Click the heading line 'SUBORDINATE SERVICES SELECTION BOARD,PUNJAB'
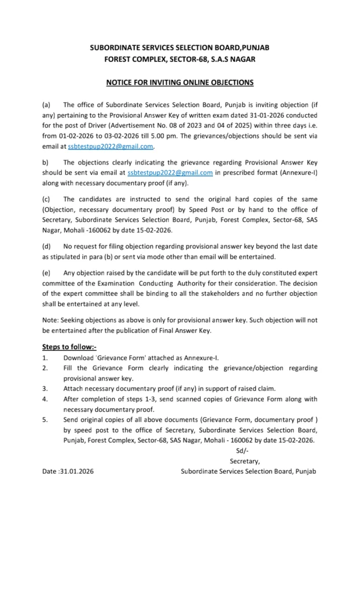179,50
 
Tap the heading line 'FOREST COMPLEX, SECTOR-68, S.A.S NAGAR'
179,60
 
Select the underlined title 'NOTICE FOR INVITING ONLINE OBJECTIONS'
179,83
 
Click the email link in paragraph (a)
110,146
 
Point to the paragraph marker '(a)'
47,105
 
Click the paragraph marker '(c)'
47,199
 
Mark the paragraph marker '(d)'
47,247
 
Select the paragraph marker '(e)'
47,272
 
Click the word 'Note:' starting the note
51,320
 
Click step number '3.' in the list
45,388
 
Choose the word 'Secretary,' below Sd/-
245,461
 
